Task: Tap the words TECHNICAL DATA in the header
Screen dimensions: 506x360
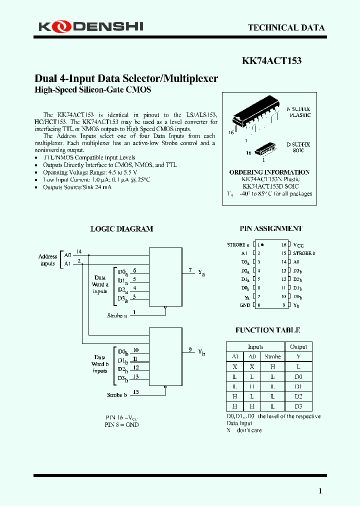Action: [x=286, y=28]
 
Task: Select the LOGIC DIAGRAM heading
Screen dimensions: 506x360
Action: [x=121, y=229]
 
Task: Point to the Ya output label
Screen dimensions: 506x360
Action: [x=201, y=273]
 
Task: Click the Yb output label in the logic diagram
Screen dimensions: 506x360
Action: [x=201, y=352]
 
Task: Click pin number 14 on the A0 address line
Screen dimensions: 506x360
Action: [x=79, y=251]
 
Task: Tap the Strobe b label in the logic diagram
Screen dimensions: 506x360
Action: [x=116, y=395]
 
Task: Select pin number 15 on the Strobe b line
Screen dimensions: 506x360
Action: [x=136, y=392]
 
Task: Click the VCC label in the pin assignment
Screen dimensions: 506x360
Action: [x=298, y=245]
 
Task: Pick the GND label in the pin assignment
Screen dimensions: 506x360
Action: [x=244, y=305]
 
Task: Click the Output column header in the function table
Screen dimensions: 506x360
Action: [x=298, y=346]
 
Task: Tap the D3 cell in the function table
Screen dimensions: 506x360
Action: [x=298, y=406]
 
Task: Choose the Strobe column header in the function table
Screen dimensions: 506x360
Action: [x=272, y=356]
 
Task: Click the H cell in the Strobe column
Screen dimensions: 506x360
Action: [x=272, y=366]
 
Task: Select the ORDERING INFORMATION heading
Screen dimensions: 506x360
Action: [x=269, y=172]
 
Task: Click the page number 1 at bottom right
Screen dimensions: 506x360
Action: [x=320, y=491]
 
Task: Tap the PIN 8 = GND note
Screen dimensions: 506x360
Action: [x=121, y=424]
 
